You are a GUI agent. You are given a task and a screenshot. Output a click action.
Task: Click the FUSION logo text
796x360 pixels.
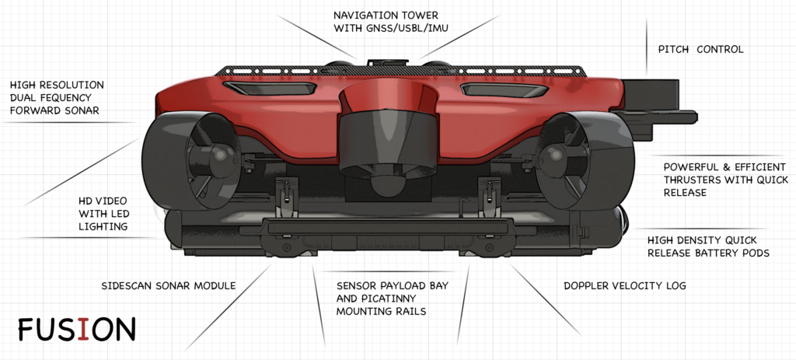coord(76,329)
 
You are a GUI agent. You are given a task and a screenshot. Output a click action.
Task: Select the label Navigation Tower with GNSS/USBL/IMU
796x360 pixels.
coord(386,23)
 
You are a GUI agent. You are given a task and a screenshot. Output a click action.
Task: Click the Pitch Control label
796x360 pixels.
coord(700,49)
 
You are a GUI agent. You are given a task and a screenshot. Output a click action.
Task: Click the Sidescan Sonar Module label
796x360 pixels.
coord(168,286)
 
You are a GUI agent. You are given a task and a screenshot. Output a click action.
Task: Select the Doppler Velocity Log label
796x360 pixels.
coord(624,286)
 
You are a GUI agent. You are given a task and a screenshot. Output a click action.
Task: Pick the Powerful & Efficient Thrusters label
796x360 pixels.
coord(725,179)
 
